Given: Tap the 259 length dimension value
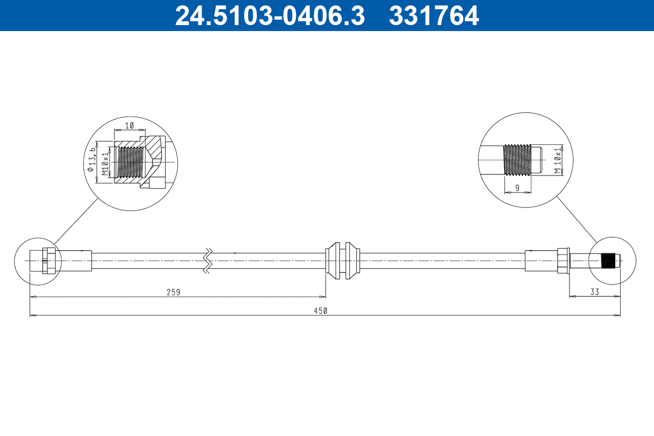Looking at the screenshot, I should pyautogui.click(x=173, y=292).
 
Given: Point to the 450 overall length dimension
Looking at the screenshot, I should pyautogui.click(x=320, y=311).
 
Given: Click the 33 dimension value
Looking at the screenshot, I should pyautogui.click(x=594, y=292).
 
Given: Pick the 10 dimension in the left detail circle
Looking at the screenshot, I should pyautogui.click(x=130, y=125).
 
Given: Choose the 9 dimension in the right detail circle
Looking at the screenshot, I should pyautogui.click(x=517, y=188).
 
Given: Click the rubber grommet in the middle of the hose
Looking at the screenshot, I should pyautogui.click(x=342, y=261).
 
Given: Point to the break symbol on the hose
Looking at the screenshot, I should pyautogui.click(x=208, y=261).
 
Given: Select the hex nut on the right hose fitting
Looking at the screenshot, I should pyautogui.click(x=563, y=261).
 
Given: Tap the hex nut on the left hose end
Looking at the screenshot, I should pyautogui.click(x=49, y=261).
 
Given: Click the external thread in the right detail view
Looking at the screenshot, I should pyautogui.click(x=517, y=160).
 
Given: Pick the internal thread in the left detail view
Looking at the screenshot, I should pyautogui.click(x=129, y=162).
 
